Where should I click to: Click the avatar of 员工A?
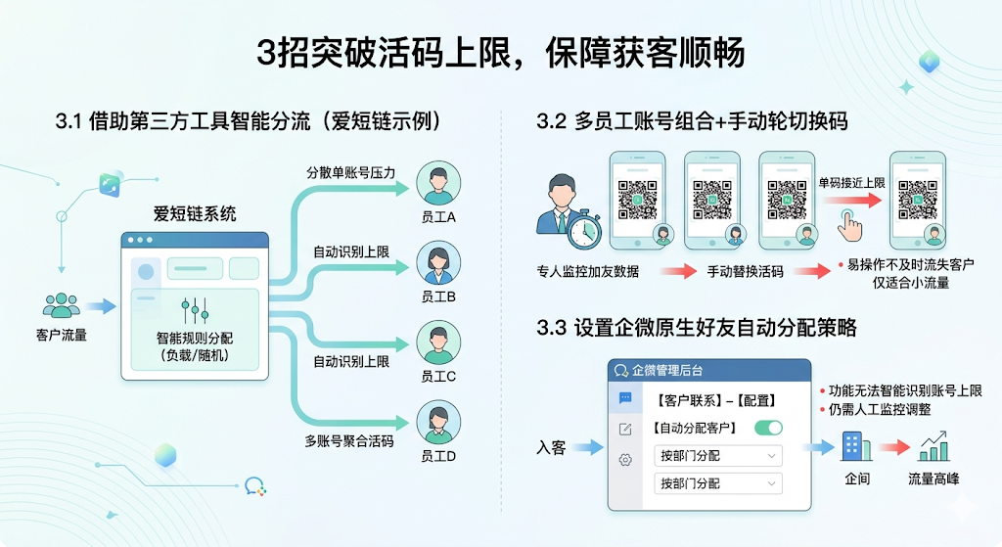(x=438, y=182)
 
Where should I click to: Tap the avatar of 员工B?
(x=438, y=262)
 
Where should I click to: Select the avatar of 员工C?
(x=438, y=342)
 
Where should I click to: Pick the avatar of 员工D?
(x=438, y=423)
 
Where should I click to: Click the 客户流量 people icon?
(x=61, y=305)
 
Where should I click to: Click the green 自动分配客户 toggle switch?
(x=768, y=428)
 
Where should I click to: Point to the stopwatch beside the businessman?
(x=585, y=229)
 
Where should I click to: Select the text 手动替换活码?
(x=746, y=271)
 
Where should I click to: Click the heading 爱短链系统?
(x=195, y=213)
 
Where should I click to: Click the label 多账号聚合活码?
(x=349, y=441)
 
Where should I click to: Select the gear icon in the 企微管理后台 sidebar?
(x=625, y=460)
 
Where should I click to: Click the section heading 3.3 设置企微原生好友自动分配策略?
(x=696, y=328)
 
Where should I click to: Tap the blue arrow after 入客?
(x=589, y=447)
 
